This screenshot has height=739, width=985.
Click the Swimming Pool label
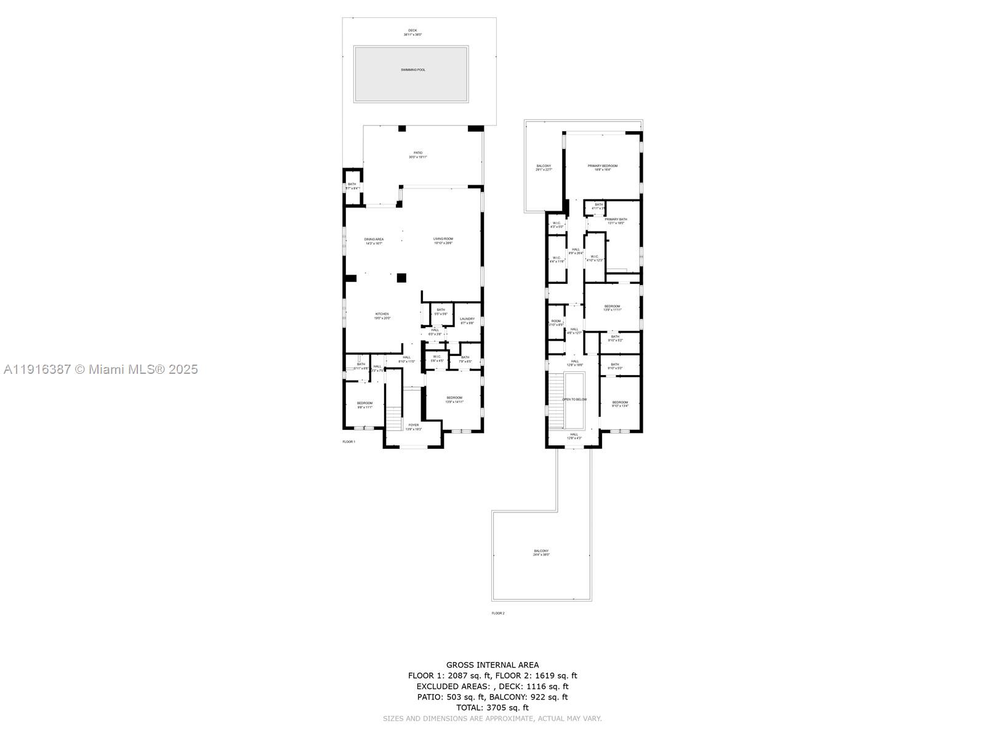coord(412,70)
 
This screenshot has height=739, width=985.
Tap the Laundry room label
coord(467,319)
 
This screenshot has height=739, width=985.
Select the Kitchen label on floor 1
coord(382,314)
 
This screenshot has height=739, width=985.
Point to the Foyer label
coord(414,425)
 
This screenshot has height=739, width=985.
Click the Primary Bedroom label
coord(602,166)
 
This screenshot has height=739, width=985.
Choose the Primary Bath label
coord(616,219)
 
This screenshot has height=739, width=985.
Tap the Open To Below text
coord(574,399)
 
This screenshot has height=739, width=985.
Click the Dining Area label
coord(374,239)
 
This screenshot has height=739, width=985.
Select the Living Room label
coord(443,239)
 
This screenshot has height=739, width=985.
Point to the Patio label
coord(418,153)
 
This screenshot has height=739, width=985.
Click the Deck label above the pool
coord(412,30)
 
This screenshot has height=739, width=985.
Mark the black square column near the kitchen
coord(401,278)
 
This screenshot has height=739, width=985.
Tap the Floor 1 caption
coord(349,442)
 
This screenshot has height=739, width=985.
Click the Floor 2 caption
coord(497,613)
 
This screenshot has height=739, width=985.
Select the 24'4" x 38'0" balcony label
coord(541,552)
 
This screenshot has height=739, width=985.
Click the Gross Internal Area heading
coord(492,664)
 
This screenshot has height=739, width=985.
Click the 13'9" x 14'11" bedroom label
coord(454,399)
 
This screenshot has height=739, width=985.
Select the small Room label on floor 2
coord(556,321)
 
